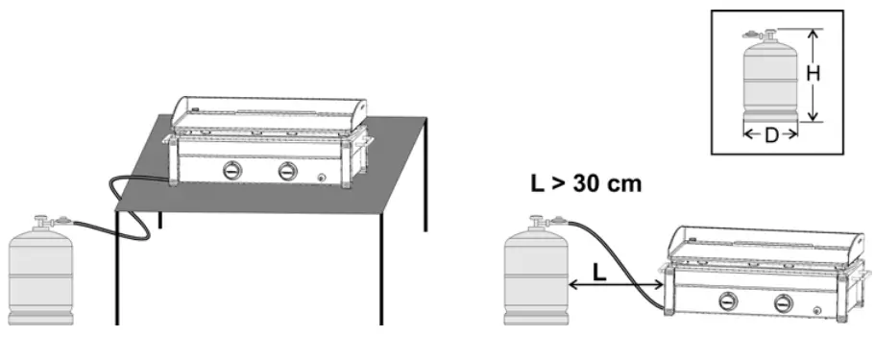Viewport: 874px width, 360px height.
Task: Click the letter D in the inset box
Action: click(771, 135)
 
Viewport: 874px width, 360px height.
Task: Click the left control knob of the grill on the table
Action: click(233, 171)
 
